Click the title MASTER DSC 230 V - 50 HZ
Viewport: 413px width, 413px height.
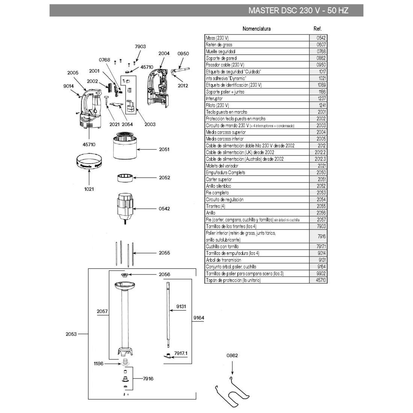[x=298, y=11]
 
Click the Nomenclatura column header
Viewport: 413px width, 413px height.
[x=256, y=29]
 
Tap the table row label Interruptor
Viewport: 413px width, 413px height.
[x=214, y=98]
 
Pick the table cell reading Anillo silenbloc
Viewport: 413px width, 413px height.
[x=219, y=186]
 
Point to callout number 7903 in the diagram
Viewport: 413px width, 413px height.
[x=140, y=47]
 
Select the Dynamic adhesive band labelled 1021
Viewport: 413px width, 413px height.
[x=89, y=162]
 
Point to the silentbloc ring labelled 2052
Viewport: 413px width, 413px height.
[x=125, y=178]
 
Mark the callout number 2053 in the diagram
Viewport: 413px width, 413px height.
[x=71, y=334]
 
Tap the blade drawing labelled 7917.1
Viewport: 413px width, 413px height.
[x=169, y=356]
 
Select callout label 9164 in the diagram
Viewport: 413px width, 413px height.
[x=199, y=318]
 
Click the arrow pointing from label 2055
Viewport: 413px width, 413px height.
[x=144, y=253]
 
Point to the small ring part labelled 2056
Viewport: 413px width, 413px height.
[x=124, y=275]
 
